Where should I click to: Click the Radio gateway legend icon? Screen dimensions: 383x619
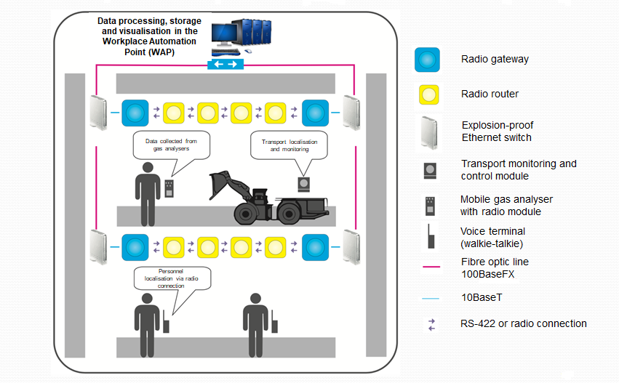[427, 60]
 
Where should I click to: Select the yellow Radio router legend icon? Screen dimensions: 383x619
[427, 94]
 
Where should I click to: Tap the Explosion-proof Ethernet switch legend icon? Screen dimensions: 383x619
[428, 132]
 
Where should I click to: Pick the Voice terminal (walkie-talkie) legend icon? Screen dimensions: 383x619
[429, 237]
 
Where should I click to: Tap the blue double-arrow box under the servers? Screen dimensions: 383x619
[225, 65]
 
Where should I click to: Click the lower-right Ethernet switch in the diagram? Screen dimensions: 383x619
[352, 246]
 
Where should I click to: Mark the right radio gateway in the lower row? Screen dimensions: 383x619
[315, 246]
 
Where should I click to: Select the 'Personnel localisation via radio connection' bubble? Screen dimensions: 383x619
[172, 278]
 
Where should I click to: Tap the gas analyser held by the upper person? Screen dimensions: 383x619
[170, 190]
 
